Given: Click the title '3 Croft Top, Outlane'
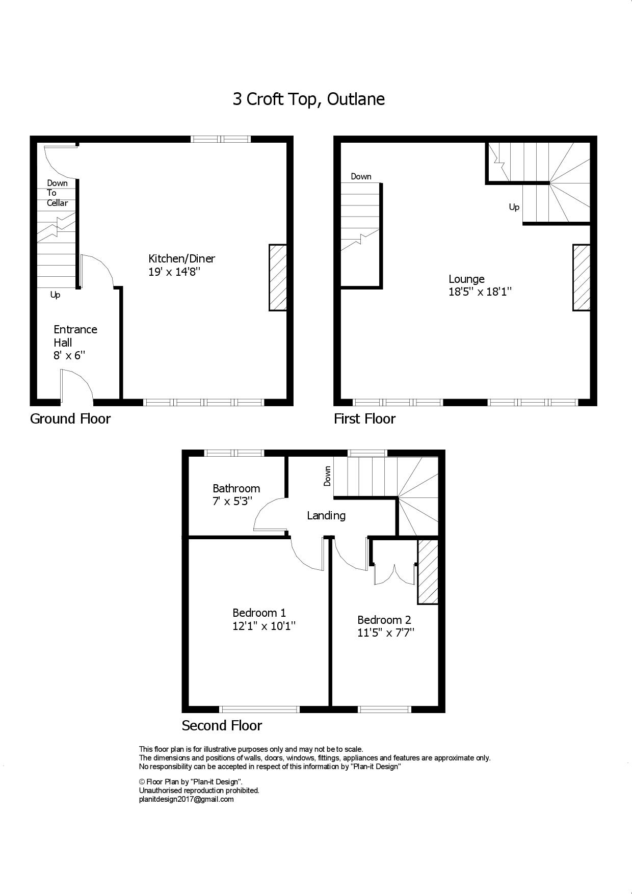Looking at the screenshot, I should pos(308,99).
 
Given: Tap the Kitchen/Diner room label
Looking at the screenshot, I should pos(181,258).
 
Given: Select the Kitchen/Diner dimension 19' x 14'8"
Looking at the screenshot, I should pos(174,272).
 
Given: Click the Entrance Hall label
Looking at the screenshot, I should pos(75,335).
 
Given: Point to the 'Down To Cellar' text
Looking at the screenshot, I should pos(57,193).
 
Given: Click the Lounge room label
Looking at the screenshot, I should pos(466,279).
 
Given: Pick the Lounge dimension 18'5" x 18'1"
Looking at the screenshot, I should pos(480,292).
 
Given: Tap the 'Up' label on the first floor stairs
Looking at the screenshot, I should pos(514,207).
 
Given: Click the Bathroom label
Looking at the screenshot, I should pos(236,488).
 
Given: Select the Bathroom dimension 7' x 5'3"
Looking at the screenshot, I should pos(232,502).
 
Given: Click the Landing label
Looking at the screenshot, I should pos(326,515).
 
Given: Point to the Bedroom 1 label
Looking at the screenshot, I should pos(259,613).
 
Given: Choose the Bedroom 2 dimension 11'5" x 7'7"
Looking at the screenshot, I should pos(385,633).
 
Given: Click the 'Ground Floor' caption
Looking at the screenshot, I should pos(70,419).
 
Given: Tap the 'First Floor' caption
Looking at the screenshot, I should pos(364,419).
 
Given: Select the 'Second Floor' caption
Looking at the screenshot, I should pos(222,726).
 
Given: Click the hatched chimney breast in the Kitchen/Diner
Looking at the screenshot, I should pos(278,277).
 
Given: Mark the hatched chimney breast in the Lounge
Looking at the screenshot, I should pos(582,277).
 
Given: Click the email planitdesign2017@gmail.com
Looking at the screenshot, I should pos(186,799).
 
